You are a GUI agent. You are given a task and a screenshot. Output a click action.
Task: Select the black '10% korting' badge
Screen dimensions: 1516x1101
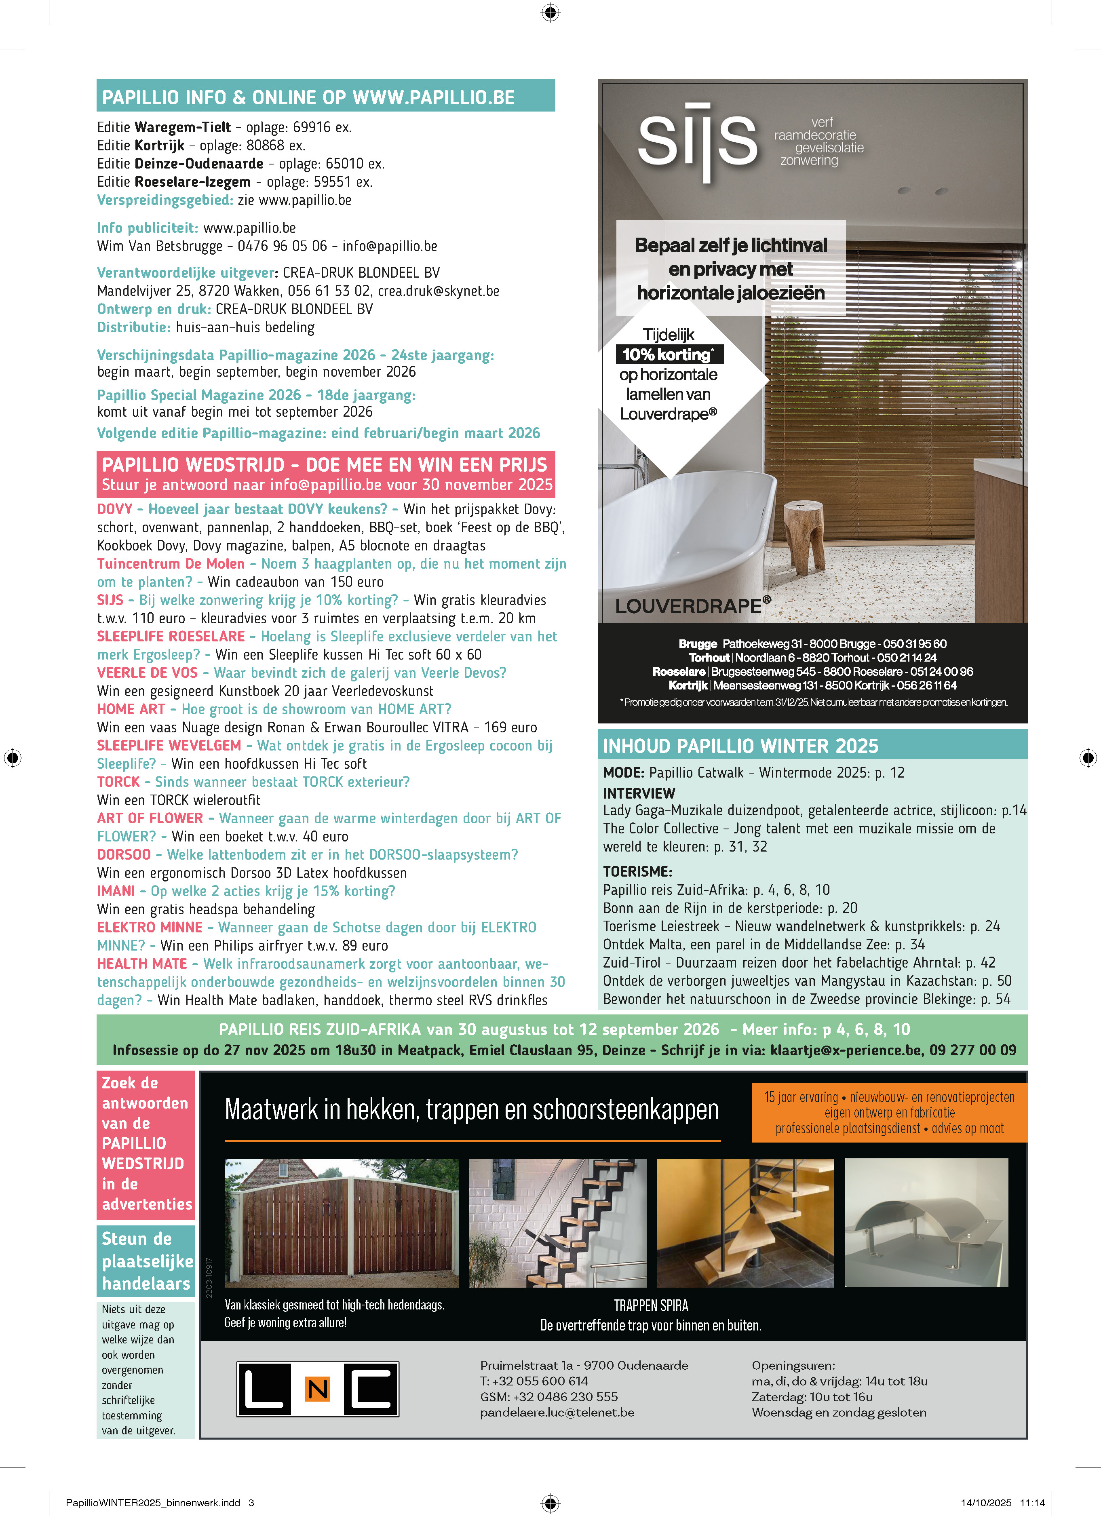coord(669,354)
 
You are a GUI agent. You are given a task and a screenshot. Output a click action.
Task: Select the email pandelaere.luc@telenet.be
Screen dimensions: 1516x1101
coord(557,1413)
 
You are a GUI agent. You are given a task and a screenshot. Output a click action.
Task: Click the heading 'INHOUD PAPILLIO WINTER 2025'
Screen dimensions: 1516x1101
coord(741,746)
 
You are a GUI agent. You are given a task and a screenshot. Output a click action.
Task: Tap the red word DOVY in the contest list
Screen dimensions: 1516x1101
coord(115,509)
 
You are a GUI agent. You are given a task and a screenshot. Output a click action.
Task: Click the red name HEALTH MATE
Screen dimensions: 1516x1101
coord(142,964)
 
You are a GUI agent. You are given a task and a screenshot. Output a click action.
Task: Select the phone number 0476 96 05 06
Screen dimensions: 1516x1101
coord(282,246)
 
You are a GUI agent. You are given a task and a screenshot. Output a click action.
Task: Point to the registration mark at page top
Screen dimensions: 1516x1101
coord(550,12)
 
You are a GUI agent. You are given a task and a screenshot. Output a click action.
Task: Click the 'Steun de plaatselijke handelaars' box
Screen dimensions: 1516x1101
coord(146,1261)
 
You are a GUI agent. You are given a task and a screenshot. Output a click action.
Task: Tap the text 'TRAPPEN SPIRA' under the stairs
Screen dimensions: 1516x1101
coord(650,1305)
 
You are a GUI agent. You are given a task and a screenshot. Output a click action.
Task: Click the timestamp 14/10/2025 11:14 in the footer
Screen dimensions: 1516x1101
coord(1002,1503)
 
